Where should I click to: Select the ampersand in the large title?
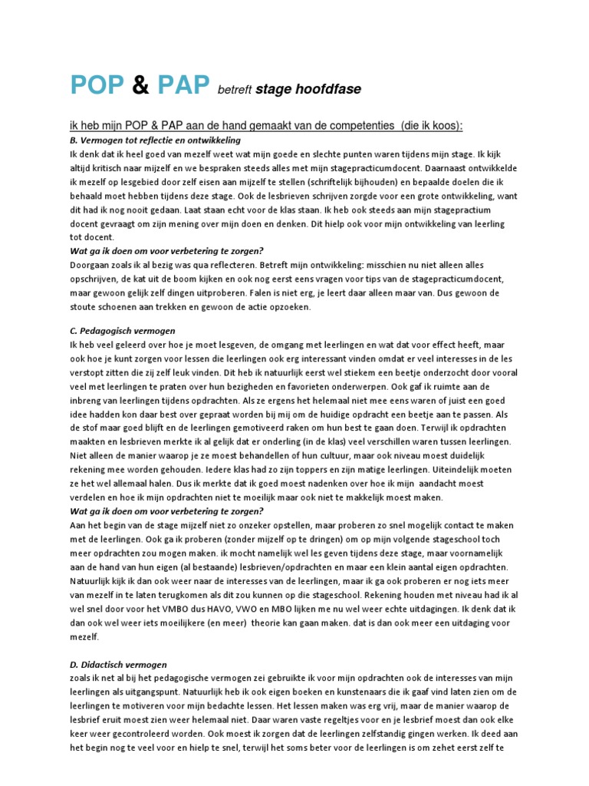point(142,87)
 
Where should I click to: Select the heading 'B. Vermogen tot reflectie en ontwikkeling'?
point(155,140)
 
